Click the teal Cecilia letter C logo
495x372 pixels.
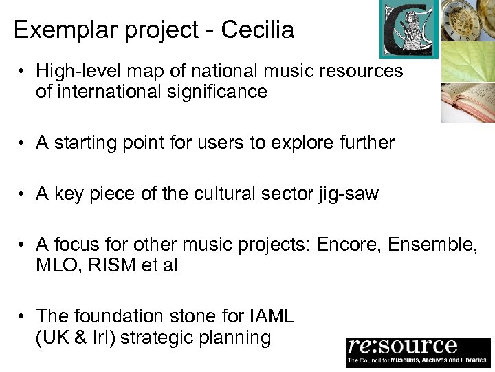click(x=409, y=29)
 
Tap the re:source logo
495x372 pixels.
click(x=418, y=351)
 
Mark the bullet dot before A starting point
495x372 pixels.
click(x=23, y=143)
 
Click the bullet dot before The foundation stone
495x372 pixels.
click(x=23, y=317)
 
